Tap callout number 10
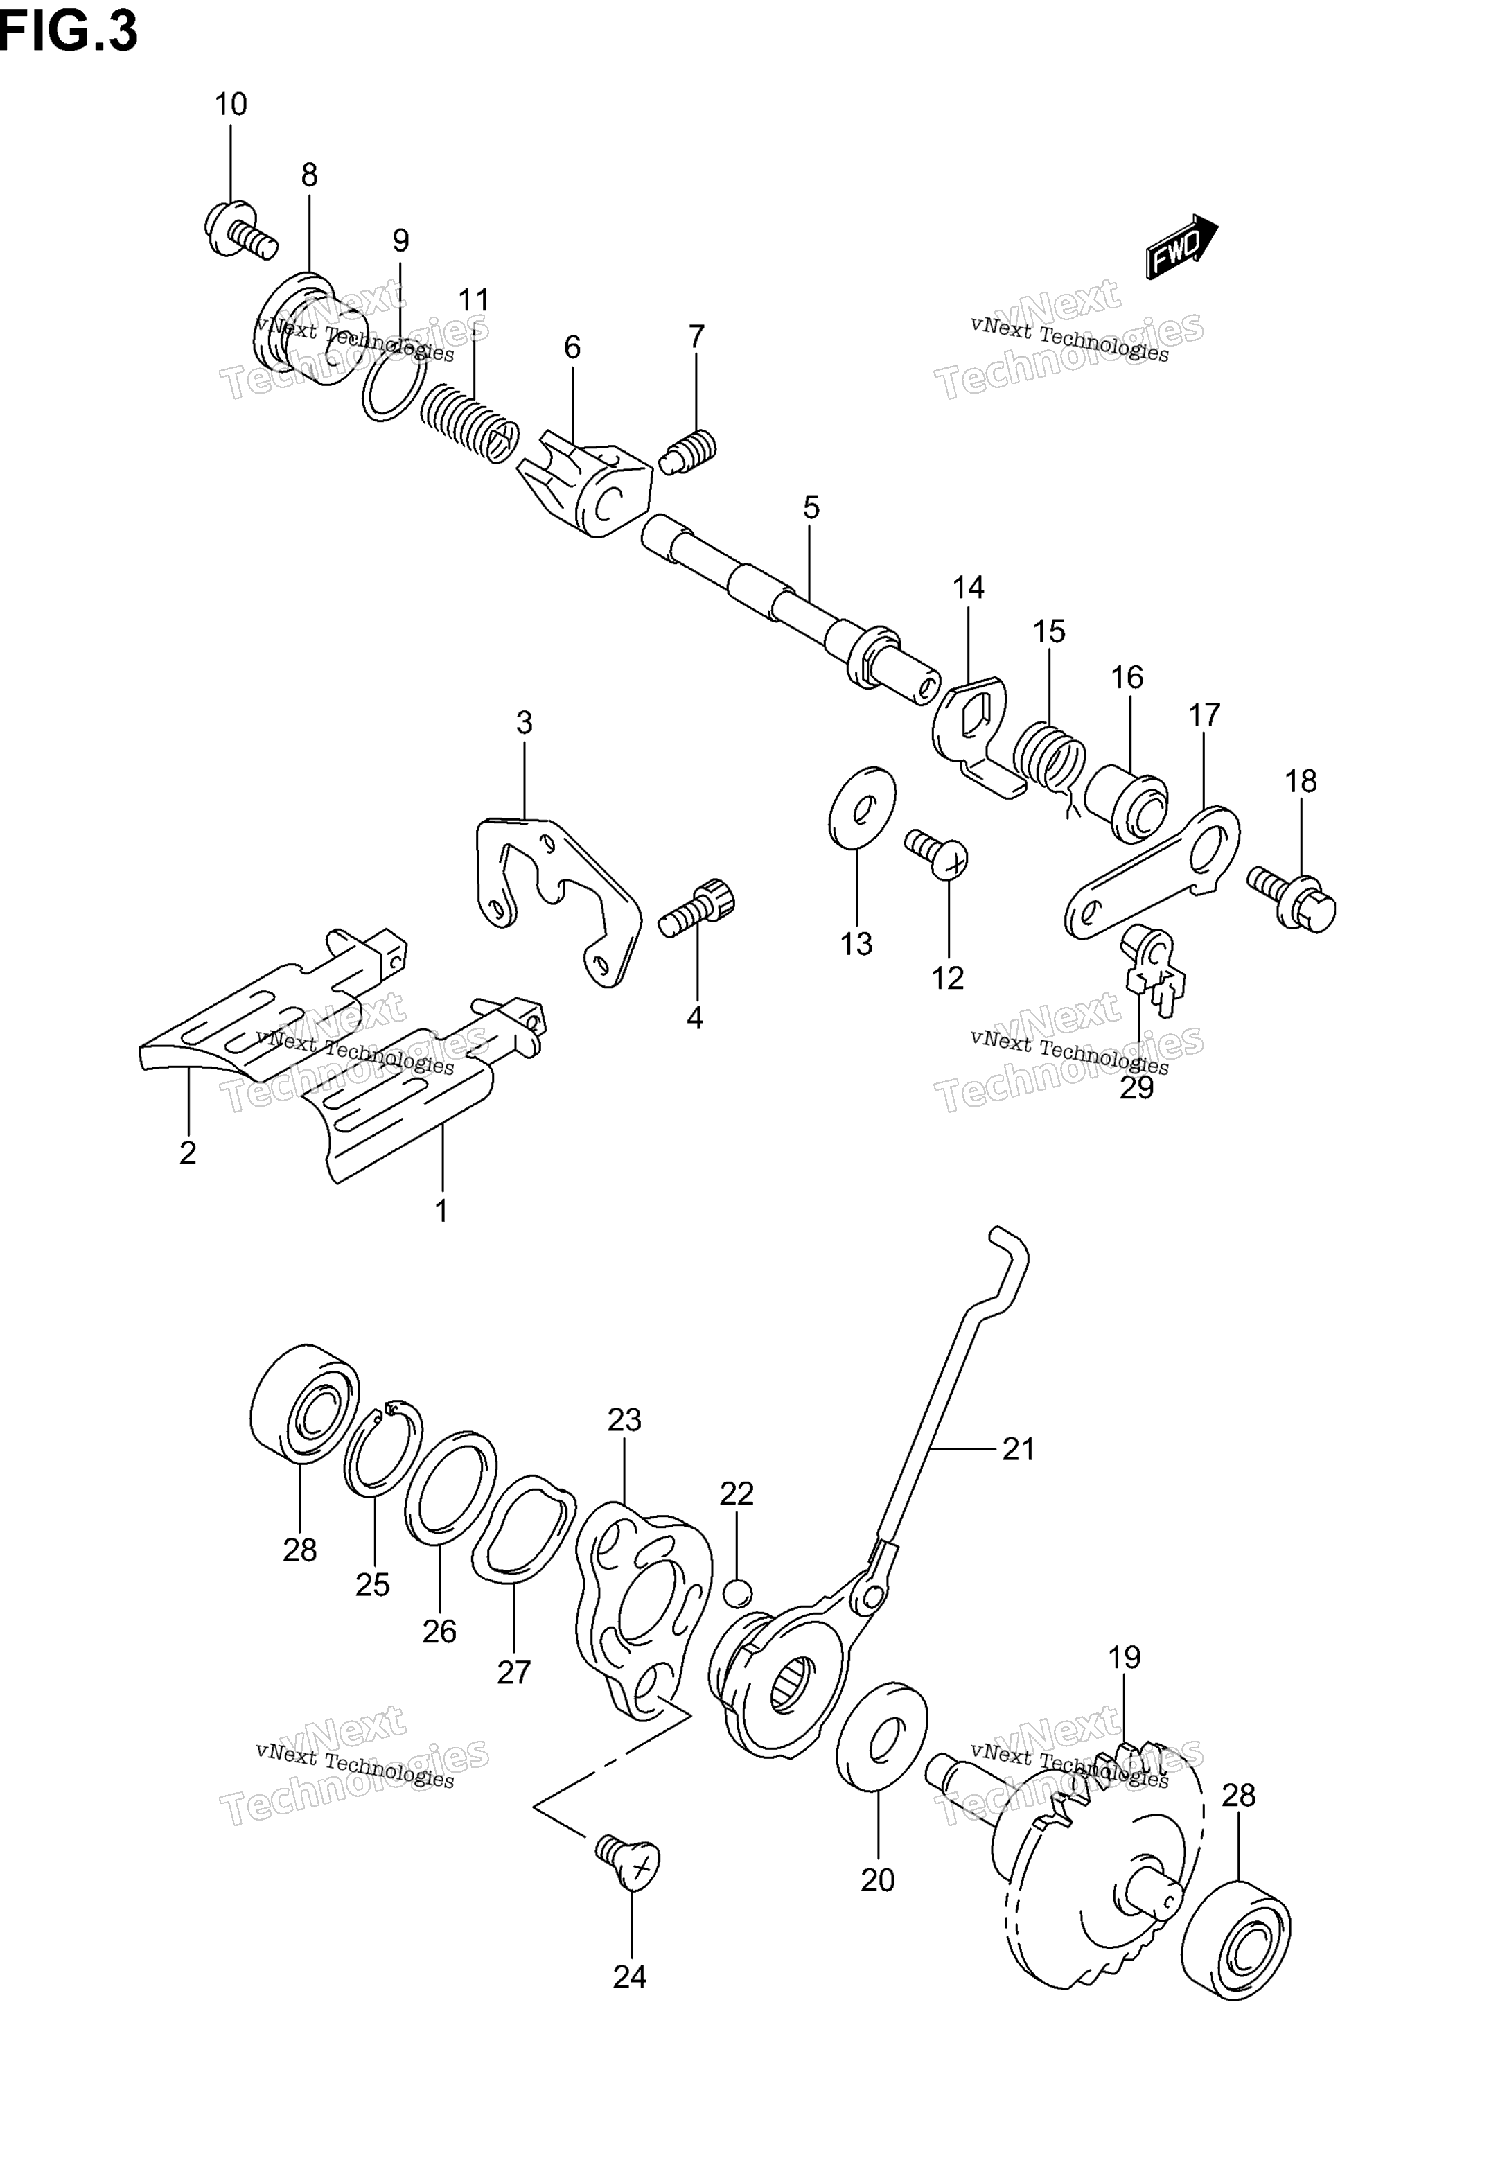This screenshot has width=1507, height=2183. [x=231, y=104]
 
